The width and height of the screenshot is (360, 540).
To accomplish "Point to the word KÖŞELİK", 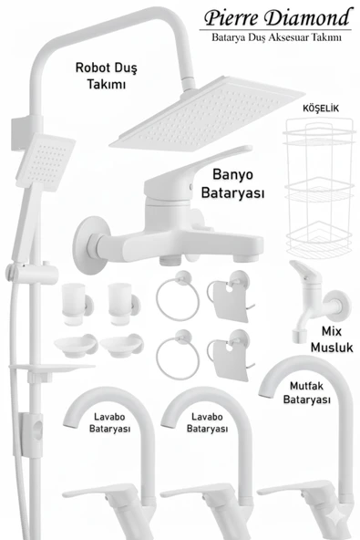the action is click(319, 109).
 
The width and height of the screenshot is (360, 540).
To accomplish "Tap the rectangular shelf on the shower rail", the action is click(44, 370).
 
